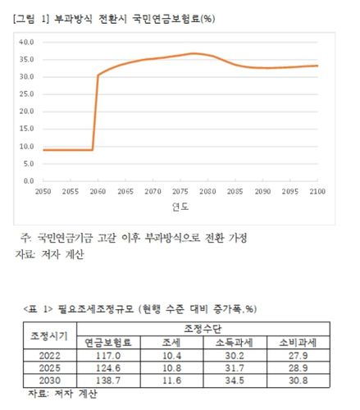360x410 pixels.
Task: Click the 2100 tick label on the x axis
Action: tap(317, 190)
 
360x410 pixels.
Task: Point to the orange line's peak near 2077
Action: tap(194, 53)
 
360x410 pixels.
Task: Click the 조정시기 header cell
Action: tap(48, 335)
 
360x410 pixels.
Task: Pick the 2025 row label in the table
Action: tap(48, 367)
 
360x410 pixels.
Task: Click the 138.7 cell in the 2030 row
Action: tap(109, 379)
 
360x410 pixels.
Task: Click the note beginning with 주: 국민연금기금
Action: tap(139, 238)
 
